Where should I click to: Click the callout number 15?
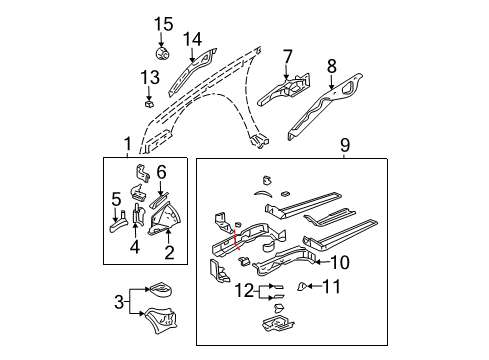point(163,23)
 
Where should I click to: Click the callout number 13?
point(149,77)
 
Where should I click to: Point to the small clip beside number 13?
point(147,99)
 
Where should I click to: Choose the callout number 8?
point(331,68)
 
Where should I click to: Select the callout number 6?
point(161,171)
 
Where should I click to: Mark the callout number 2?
point(169,252)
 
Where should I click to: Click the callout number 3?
point(119,300)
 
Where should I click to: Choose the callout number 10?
point(339,263)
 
